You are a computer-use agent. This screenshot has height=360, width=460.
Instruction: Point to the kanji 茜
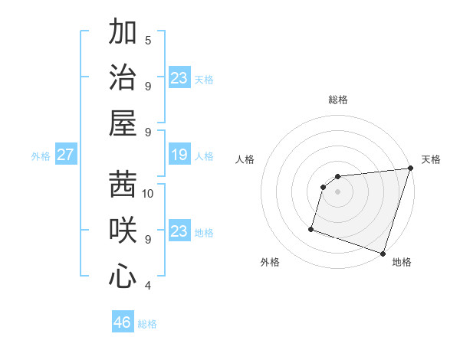coord(123,184)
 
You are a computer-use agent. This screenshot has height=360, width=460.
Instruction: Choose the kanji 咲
coord(123,230)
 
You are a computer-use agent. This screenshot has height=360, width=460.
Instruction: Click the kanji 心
coord(123,276)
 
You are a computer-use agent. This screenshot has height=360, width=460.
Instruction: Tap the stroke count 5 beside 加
coord(148,40)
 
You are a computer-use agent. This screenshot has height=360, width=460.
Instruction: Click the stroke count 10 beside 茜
coord(148,193)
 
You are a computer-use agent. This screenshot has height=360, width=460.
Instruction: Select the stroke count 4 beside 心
coord(148,286)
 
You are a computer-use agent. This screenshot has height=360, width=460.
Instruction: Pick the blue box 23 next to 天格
coord(179,78)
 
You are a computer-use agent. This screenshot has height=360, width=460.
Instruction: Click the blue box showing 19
coord(179,155)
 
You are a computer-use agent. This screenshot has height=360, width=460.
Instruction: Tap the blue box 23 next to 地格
coord(179,232)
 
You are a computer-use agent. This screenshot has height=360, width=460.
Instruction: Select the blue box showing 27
coord(65,155)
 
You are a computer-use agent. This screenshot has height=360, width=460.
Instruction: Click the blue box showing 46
coord(123,322)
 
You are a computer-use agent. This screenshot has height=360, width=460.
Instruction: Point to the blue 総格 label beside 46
coord(147,324)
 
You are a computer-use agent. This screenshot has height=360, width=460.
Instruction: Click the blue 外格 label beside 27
coord(41,156)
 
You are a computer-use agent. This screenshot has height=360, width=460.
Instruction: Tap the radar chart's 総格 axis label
coord(338,100)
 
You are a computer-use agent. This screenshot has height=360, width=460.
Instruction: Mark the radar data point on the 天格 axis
coord(410,169)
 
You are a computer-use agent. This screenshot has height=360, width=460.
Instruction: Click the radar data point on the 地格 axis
coord(383,253)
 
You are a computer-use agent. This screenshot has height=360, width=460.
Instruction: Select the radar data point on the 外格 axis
coord(311,228)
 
